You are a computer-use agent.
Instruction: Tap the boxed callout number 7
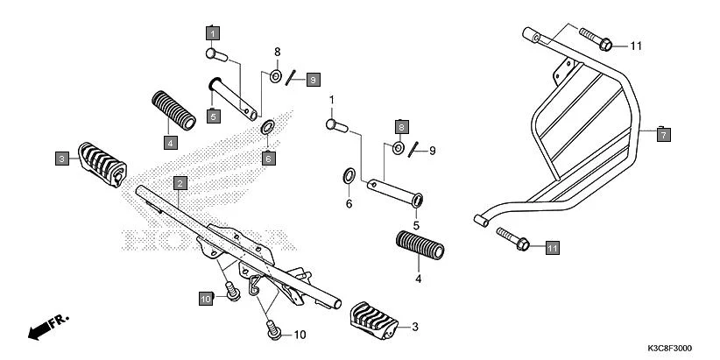664,135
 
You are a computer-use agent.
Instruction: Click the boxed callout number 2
179,183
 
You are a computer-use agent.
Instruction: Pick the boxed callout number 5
213,115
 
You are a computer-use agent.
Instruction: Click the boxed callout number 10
206,300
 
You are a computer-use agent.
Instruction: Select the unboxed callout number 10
300,335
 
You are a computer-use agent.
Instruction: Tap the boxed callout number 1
212,33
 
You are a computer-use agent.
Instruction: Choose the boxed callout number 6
269,159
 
